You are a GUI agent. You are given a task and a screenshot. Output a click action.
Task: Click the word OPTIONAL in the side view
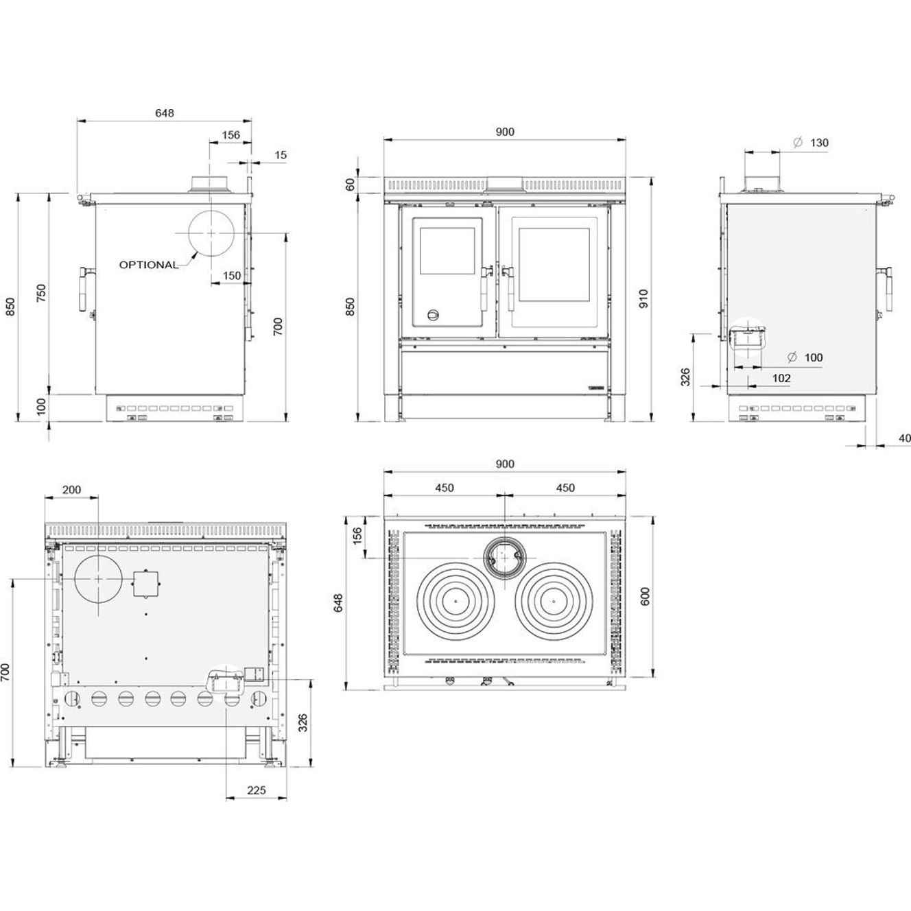149,265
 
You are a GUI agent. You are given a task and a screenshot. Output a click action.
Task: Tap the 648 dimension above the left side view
165,113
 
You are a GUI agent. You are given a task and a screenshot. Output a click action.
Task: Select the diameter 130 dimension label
812,143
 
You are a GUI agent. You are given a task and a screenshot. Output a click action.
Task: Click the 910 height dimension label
643,299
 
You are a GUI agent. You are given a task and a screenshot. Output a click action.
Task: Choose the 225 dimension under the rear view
256,790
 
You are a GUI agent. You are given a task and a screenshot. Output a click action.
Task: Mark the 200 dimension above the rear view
71,490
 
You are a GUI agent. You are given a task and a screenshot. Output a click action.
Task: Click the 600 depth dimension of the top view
644,595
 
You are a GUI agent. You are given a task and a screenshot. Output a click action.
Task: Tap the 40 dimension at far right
904,438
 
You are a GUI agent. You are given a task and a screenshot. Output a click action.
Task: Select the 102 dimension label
781,378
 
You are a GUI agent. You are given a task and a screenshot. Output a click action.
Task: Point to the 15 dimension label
281,155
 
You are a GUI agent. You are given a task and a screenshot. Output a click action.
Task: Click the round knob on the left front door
433,315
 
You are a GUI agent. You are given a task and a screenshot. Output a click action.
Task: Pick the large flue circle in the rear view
99,578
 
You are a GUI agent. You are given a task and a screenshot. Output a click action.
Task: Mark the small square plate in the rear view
145,583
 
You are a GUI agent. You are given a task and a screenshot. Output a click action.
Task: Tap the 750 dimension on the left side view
42,293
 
